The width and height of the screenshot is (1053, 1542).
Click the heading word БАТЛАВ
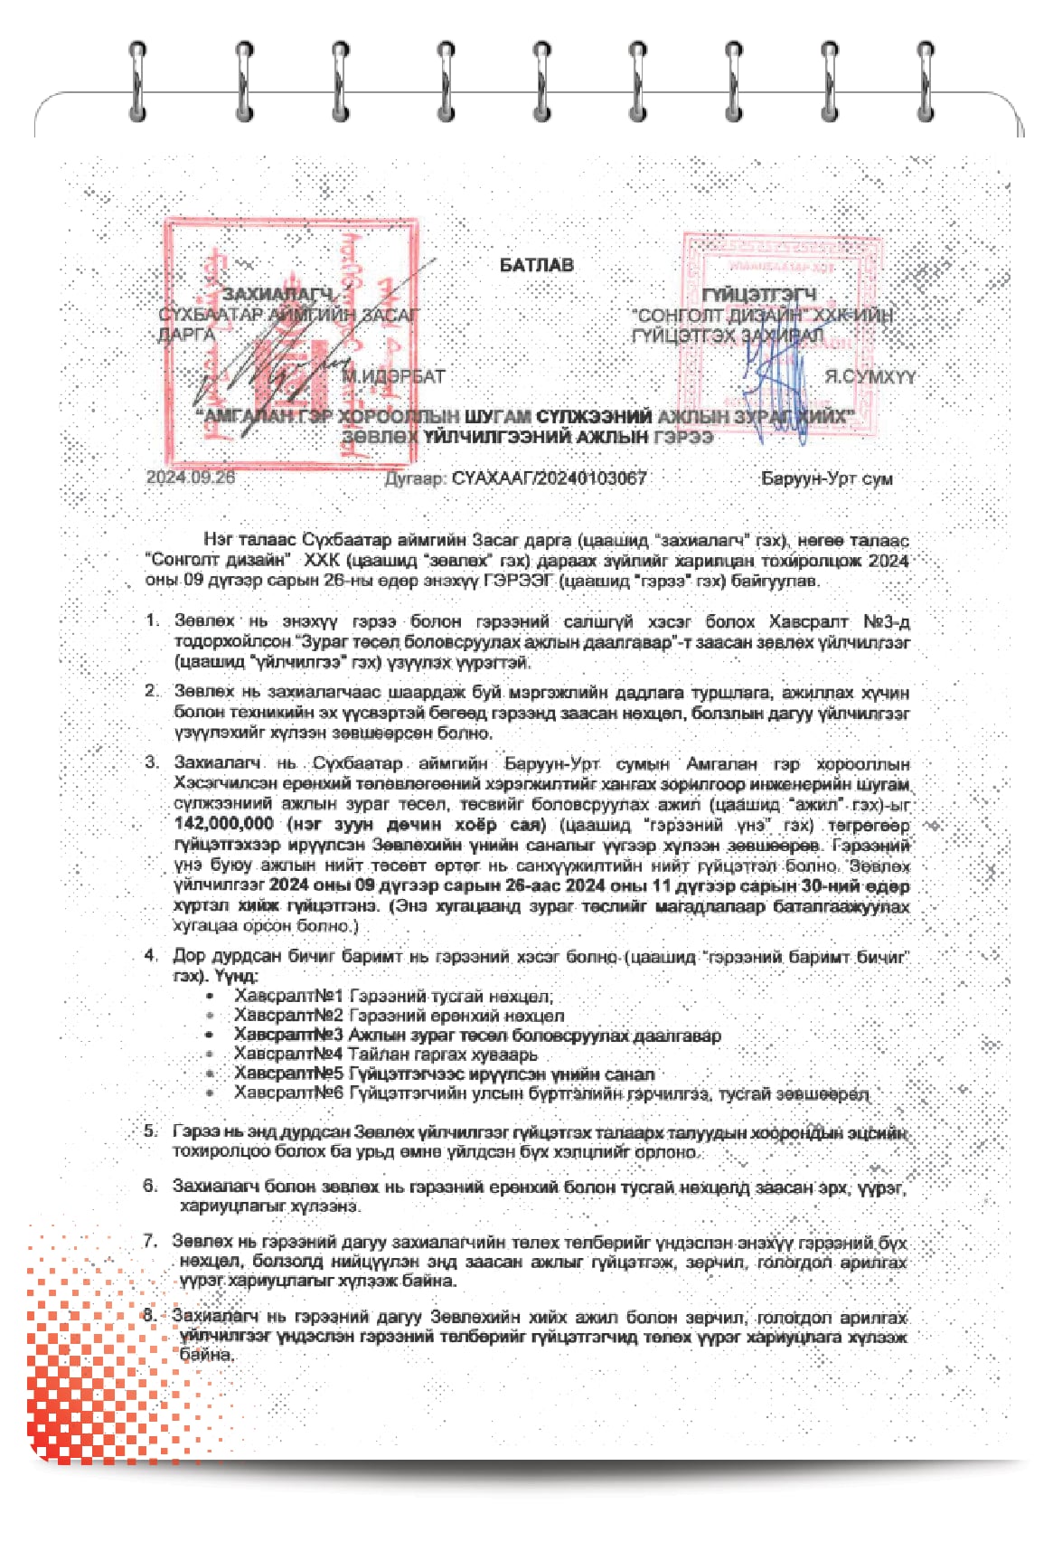click(x=536, y=265)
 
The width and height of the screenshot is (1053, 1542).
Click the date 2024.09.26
click(x=191, y=478)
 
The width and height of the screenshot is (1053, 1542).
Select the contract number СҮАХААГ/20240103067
click(x=549, y=478)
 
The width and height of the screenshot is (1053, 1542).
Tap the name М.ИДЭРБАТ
click(x=393, y=376)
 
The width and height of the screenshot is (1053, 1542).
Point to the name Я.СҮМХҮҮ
click(x=870, y=376)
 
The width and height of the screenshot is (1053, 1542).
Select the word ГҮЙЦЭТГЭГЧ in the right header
click(x=759, y=294)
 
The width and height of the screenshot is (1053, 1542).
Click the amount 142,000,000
click(x=223, y=824)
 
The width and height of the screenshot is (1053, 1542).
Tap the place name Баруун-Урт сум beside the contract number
click(x=827, y=478)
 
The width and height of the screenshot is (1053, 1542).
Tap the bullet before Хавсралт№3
click(x=210, y=1035)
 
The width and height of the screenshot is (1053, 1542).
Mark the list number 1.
click(x=152, y=621)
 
